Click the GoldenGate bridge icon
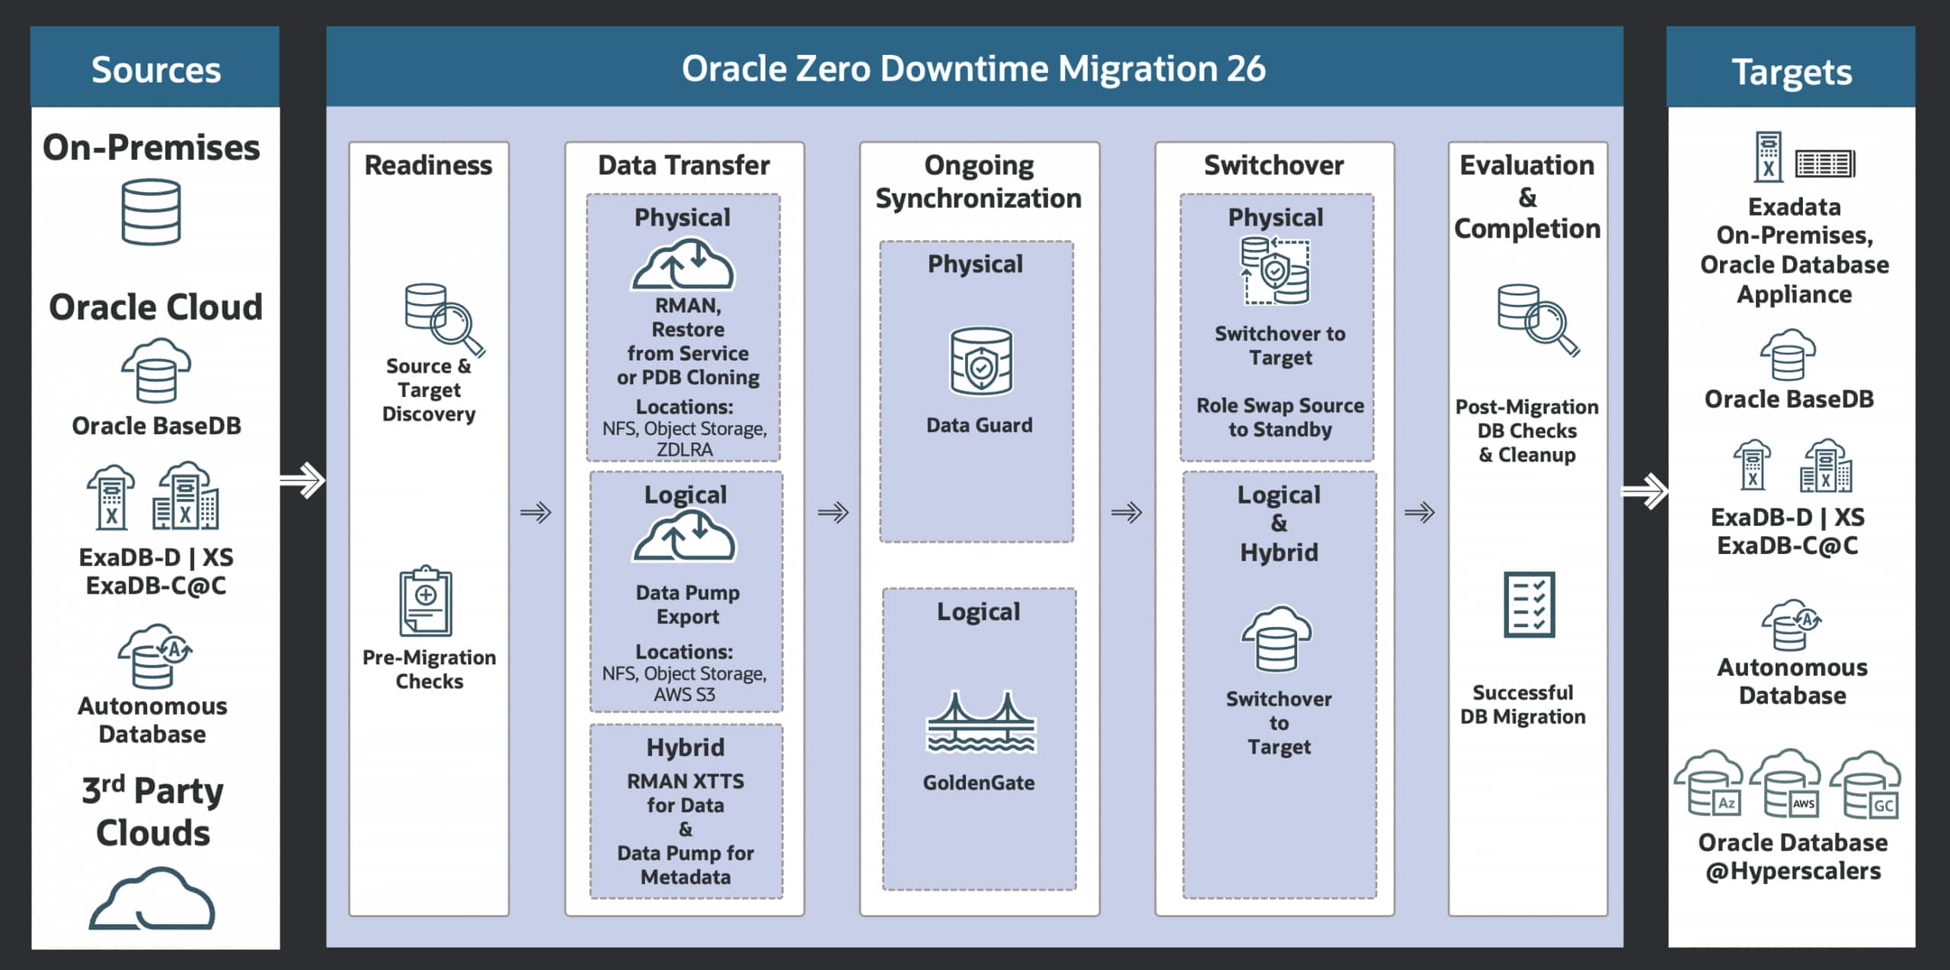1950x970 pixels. (x=980, y=722)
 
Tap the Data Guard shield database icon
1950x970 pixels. (x=980, y=361)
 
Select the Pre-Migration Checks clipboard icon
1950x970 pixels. (x=426, y=601)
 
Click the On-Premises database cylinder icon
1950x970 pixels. (x=152, y=212)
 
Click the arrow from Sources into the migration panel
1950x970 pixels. (x=303, y=480)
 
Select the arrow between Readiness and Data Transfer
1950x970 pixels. (x=536, y=512)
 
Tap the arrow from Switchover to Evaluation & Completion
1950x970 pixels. (x=1420, y=512)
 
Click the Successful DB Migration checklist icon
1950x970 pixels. (x=1529, y=604)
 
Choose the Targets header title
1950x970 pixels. (x=1792, y=72)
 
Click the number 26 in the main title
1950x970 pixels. (x=1246, y=69)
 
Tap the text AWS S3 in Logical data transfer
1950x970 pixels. (x=685, y=694)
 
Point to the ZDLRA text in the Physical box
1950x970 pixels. (x=685, y=450)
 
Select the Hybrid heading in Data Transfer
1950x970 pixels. (x=686, y=748)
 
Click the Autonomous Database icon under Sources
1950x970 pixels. (x=154, y=656)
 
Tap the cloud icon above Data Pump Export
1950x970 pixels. (x=685, y=537)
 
